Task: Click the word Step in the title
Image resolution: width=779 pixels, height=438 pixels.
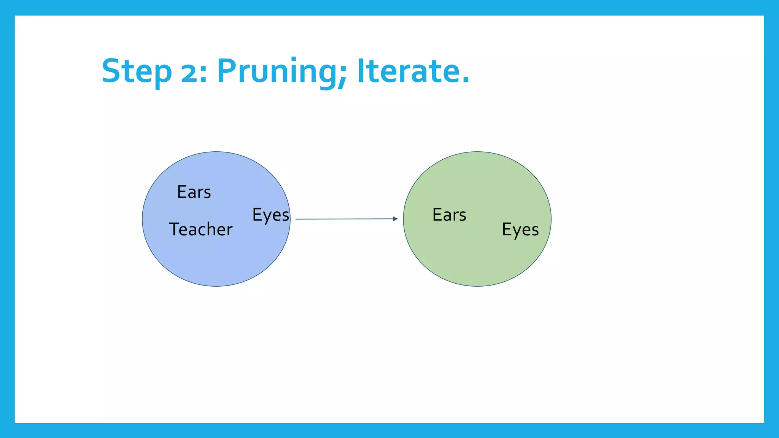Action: [136, 71]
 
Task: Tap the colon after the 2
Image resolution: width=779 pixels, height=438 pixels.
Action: [203, 73]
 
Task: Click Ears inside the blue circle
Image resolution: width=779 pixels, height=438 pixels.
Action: [194, 192]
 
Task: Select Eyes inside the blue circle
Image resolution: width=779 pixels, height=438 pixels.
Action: [270, 215]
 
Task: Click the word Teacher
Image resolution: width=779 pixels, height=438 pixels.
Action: [200, 229]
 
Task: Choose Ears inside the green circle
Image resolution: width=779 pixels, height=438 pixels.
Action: [449, 215]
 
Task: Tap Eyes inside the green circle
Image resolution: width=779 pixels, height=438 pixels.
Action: [520, 230]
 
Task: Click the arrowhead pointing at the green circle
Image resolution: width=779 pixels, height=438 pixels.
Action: [395, 219]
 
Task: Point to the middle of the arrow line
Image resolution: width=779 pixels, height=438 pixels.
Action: [346, 219]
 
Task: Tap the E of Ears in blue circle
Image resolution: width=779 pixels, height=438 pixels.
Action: [181, 192]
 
